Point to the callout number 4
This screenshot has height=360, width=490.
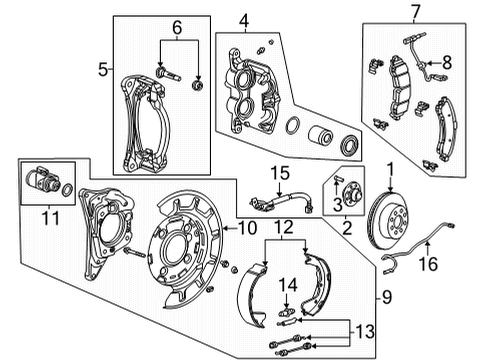tap(242, 18)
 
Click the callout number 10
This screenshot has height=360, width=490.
tap(245, 229)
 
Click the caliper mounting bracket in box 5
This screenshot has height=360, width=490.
tap(140, 120)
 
